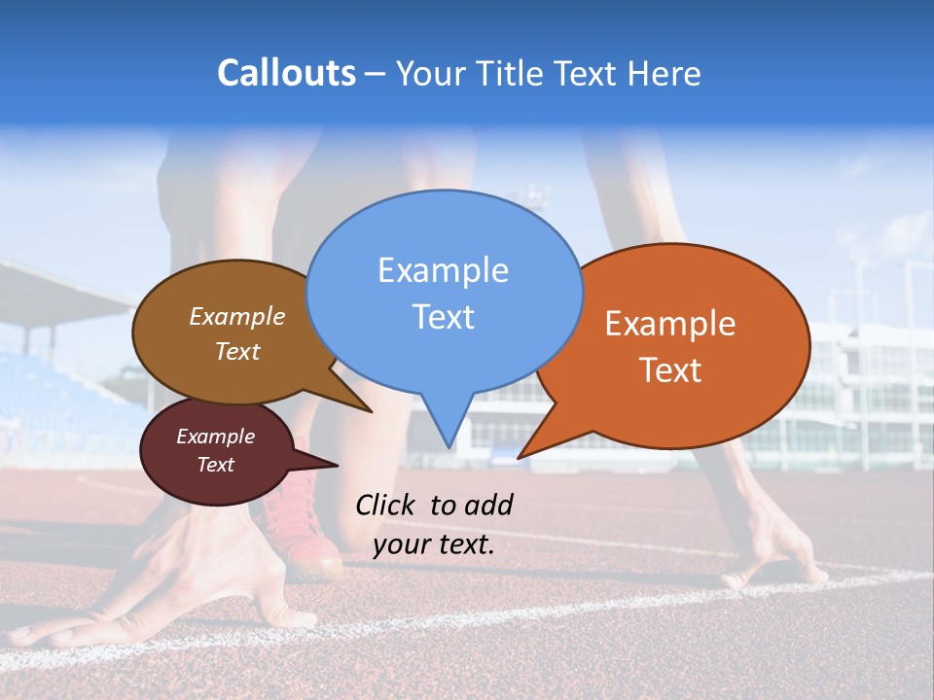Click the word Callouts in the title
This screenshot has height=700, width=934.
pos(286,73)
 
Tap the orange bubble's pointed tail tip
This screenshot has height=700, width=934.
pos(520,457)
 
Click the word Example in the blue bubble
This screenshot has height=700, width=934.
pos(443,270)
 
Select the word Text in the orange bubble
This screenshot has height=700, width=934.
pos(670,370)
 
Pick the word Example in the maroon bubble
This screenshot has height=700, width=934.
pos(215,437)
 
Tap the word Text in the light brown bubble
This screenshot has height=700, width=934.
pos(237,352)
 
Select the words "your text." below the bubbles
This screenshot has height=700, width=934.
pos(434,544)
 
